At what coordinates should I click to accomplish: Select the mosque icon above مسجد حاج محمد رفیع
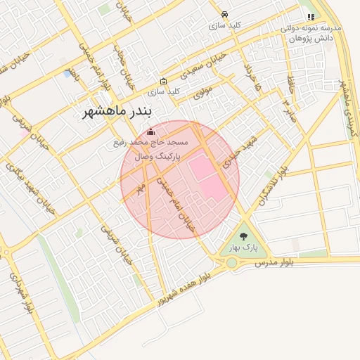point(150,131)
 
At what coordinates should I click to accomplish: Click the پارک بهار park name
point(244,248)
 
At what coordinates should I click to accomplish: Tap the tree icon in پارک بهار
point(244,237)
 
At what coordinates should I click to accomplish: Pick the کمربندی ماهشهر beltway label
point(349,109)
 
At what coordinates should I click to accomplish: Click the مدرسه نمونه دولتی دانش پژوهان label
point(311,32)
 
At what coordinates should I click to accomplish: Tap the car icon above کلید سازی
point(224,14)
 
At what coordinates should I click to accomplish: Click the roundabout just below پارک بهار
point(231,263)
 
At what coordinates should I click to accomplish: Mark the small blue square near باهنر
point(67,73)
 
